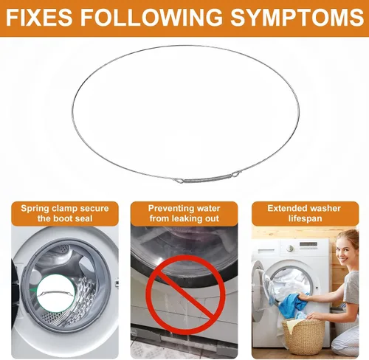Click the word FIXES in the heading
coord(39,17)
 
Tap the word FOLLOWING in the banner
coord(151,17)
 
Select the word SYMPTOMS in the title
coord(297,17)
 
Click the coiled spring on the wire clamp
coord(208,179)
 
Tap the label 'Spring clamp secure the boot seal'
coord(65,213)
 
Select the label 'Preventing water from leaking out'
coord(184,213)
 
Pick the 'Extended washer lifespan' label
coord(305,213)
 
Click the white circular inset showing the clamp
coord(56,293)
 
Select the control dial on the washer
coord(291,248)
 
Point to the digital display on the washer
coord(308,245)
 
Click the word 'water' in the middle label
coord(209,209)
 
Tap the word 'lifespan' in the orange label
coord(305,218)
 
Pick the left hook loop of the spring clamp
coord(179,181)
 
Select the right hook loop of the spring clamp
coord(235,174)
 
